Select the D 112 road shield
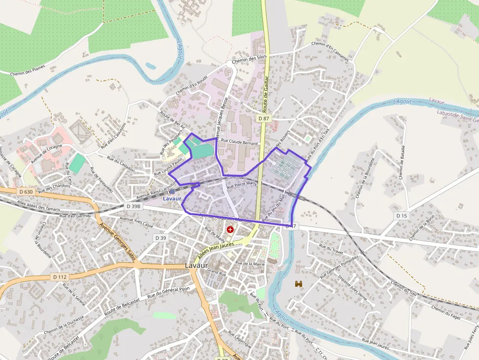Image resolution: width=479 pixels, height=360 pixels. [59, 277]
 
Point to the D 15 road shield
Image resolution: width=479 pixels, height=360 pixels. [401, 215]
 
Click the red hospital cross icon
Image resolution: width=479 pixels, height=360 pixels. [230, 229]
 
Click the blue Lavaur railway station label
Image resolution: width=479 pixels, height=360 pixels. [172, 199]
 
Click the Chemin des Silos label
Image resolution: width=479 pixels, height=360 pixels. [249, 59]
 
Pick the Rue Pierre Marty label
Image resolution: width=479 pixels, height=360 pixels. [242, 185]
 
